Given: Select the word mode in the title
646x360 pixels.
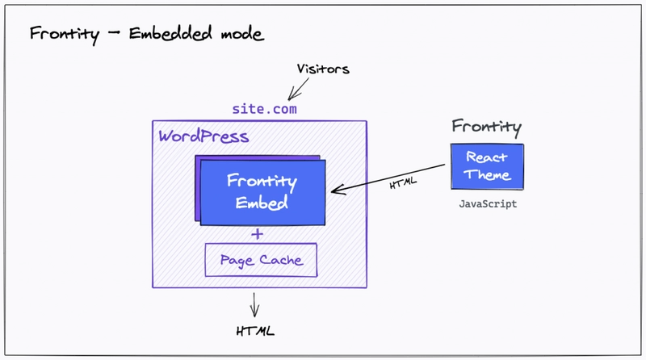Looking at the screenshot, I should point(240,35).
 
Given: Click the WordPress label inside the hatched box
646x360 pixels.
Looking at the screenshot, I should point(203,136).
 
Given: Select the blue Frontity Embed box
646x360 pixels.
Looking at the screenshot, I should point(262,191).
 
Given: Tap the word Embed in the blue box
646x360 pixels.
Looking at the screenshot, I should point(262,203).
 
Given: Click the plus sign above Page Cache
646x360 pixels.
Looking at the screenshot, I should point(258,234).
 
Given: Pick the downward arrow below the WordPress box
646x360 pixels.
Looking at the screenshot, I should point(256,303).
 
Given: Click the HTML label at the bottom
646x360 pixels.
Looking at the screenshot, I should point(256,330).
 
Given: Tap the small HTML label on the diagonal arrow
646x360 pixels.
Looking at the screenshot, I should point(403,182).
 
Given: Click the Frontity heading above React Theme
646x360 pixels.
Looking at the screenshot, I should point(486,127).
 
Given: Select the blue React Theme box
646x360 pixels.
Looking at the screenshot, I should point(487,167).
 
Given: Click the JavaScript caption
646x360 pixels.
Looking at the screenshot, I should point(487,204).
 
